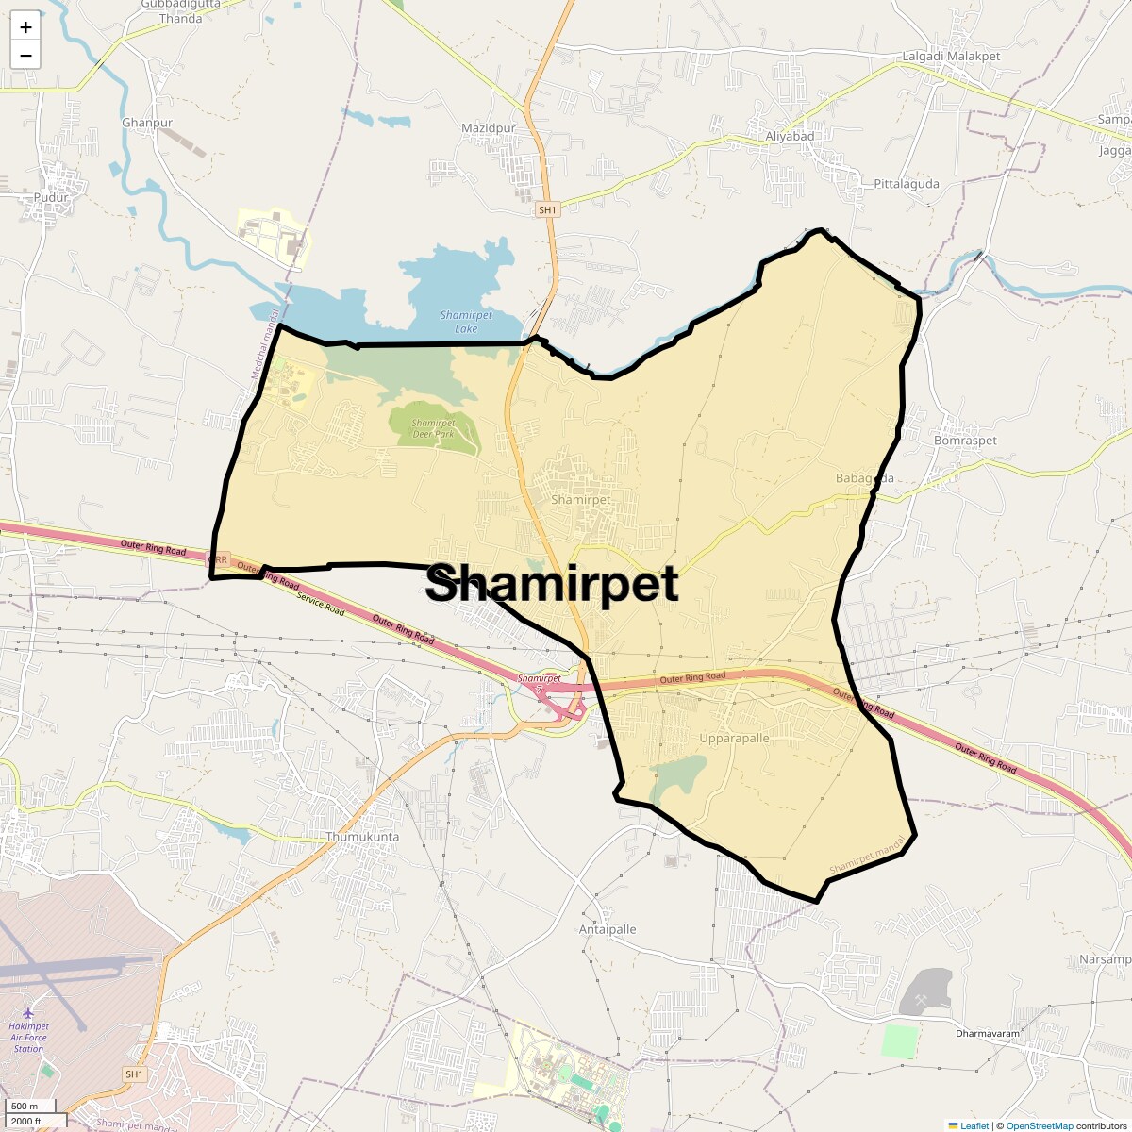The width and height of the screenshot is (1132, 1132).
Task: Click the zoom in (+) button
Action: click(25, 27)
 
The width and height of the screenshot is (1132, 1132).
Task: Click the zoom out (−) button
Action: click(25, 55)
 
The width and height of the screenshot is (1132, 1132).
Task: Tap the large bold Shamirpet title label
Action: click(552, 584)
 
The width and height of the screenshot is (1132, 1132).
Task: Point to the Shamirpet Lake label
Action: click(466, 322)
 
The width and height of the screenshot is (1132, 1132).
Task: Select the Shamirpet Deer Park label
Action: click(434, 428)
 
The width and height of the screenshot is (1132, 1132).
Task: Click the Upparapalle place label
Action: click(734, 738)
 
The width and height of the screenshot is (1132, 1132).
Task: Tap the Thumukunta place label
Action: click(362, 837)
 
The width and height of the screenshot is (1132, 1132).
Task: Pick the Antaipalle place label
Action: click(608, 929)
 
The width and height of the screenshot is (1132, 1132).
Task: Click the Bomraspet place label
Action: click(965, 441)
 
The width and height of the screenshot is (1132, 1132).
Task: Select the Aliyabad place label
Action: click(790, 136)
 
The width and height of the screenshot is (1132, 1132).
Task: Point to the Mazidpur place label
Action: click(489, 128)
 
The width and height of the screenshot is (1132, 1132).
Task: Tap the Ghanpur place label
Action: click(147, 123)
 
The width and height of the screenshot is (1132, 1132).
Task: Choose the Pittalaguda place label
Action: click(907, 184)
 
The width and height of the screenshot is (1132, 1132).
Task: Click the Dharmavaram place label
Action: click(988, 1033)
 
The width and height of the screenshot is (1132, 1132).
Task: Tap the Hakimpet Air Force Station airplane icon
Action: click(28, 1012)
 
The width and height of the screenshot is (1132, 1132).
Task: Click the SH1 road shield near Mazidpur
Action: click(547, 209)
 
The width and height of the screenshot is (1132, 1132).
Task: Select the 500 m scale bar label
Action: click(25, 1106)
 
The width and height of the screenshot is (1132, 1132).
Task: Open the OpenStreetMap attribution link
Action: click(1040, 1125)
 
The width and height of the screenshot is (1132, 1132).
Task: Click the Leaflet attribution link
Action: click(974, 1125)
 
